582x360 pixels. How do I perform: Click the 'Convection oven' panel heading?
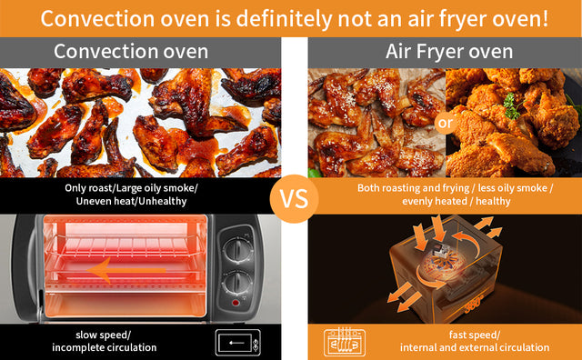[x=130, y=52]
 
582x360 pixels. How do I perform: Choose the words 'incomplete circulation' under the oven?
[x=104, y=347]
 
